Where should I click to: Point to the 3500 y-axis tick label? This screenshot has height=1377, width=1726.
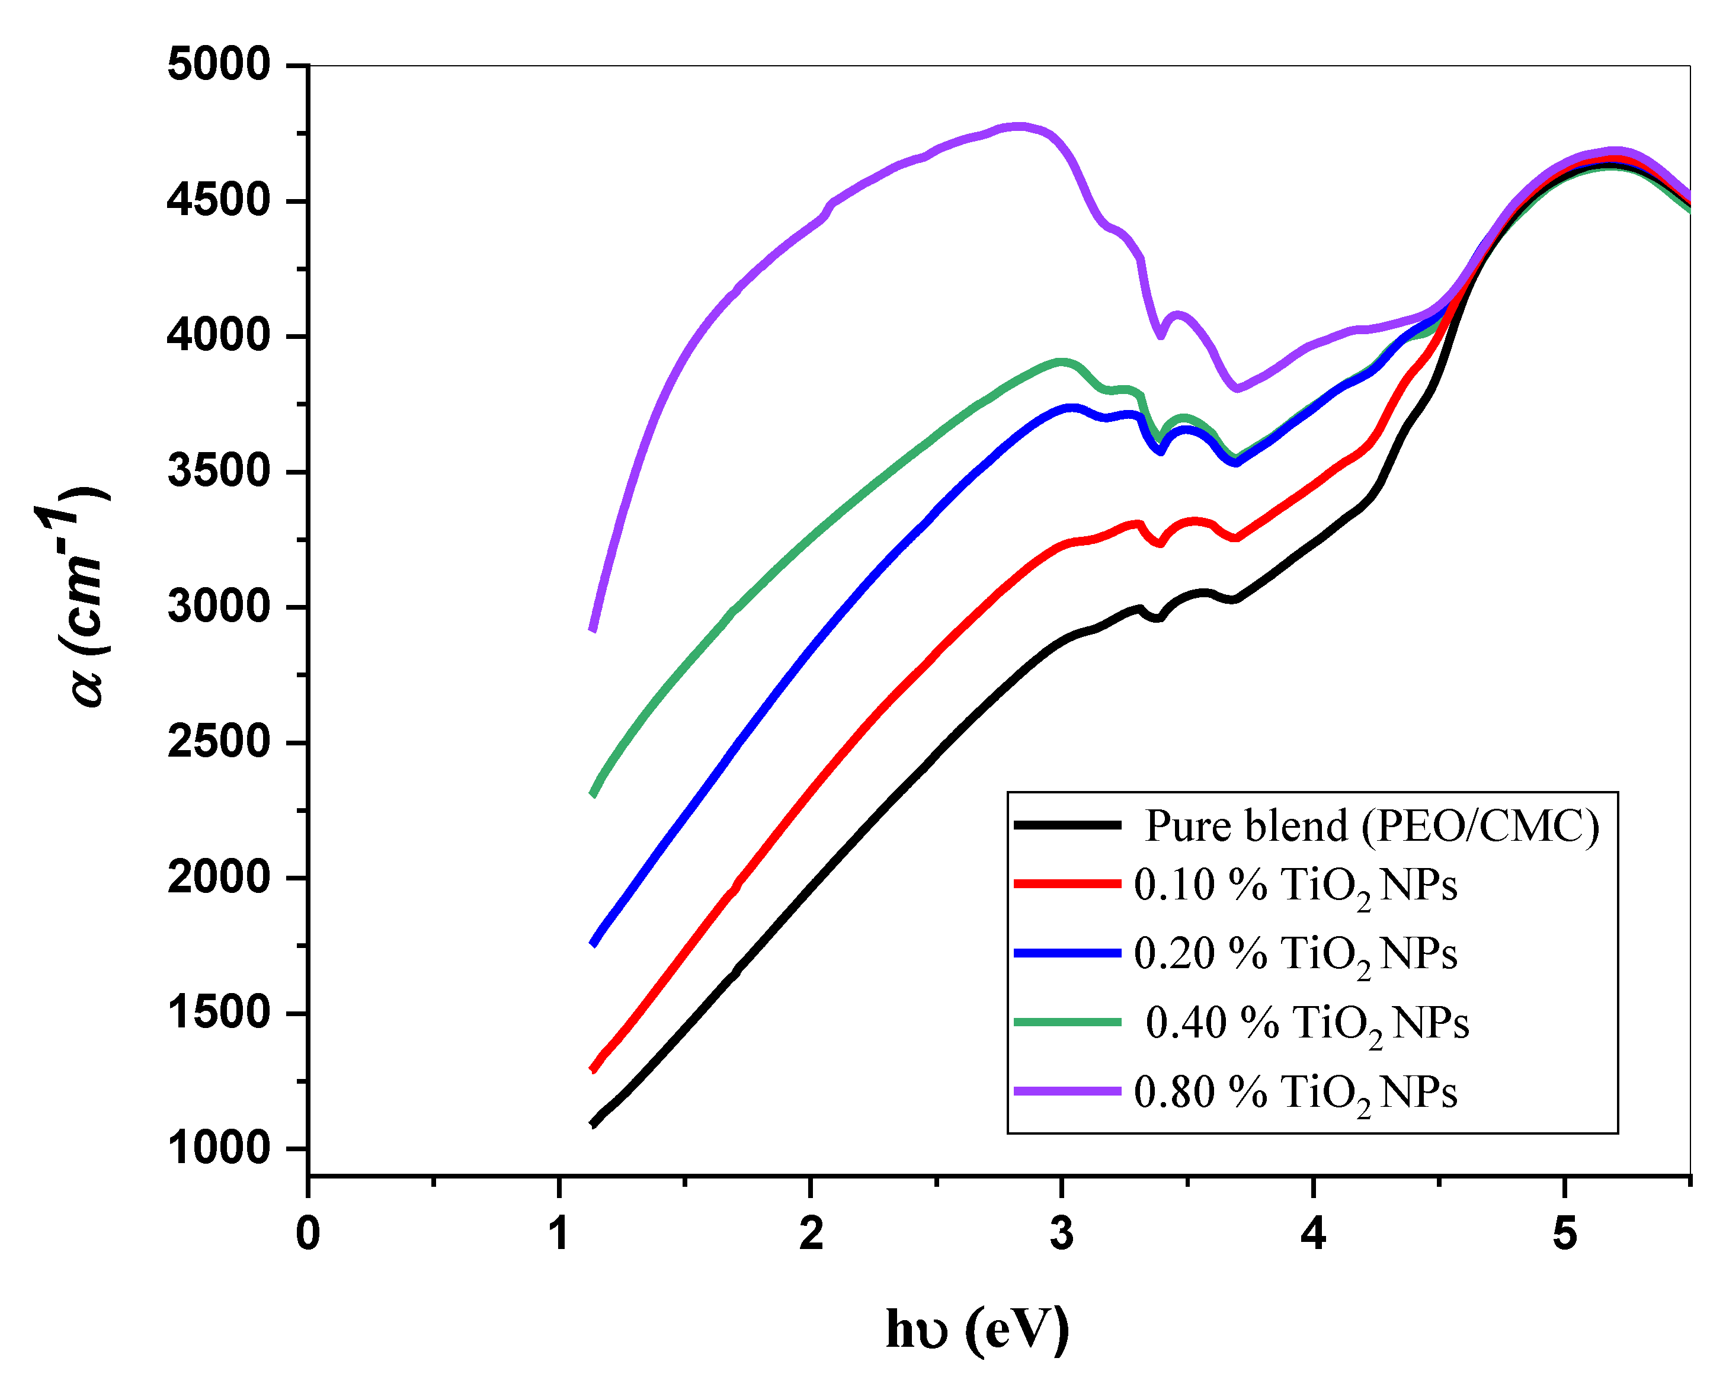[219, 472]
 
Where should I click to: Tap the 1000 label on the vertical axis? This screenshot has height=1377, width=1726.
[219, 1148]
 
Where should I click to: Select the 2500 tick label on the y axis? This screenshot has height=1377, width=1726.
[219, 742]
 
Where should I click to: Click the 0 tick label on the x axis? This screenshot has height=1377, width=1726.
[308, 1234]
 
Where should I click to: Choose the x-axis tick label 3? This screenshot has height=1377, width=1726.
[1062, 1234]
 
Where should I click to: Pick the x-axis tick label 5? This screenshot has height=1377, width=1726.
[1564, 1234]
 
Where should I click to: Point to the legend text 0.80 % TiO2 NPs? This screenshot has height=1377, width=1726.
[1295, 1093]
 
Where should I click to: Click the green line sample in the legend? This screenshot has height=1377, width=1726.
[1067, 1021]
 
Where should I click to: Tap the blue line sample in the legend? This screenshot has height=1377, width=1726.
[1067, 953]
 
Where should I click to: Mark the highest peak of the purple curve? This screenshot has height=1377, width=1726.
[1019, 126]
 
